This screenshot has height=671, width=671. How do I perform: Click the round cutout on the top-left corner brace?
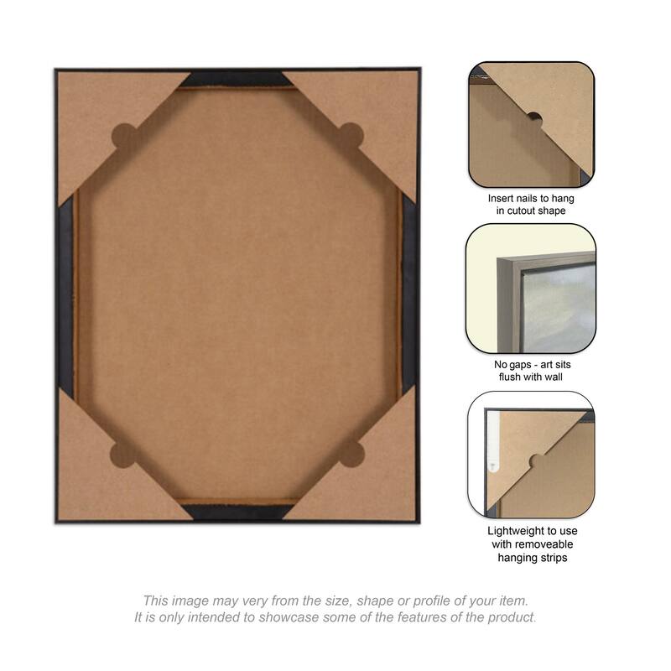point(123,137)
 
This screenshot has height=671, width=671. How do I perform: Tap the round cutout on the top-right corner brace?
point(351,136)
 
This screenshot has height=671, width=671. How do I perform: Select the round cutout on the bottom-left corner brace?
point(122,455)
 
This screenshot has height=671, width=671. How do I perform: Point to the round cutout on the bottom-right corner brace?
point(352,454)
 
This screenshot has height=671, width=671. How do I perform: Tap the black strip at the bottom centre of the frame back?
point(238,512)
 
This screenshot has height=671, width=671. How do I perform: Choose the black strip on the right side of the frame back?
point(408,294)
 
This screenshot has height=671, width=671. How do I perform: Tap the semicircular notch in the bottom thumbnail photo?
point(537,461)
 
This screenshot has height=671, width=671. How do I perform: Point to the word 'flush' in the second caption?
point(511,377)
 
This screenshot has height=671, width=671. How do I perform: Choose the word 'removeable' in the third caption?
point(541,544)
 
